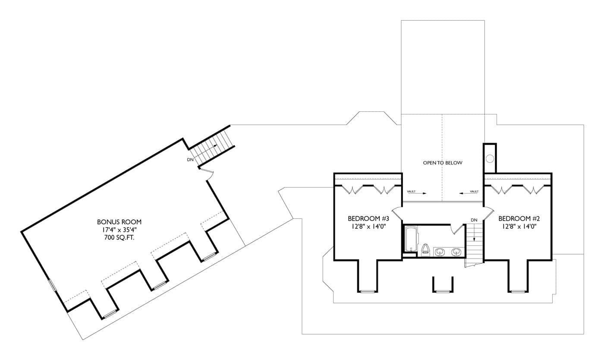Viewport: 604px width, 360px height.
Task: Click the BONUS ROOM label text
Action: click(x=119, y=222)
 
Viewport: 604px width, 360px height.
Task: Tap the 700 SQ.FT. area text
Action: click(x=119, y=237)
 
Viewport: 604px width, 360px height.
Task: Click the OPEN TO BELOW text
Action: click(x=442, y=163)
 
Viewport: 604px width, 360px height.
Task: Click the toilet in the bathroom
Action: click(x=426, y=249)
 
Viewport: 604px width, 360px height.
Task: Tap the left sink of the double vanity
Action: click(x=439, y=252)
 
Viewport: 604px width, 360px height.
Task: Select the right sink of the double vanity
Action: click(x=456, y=252)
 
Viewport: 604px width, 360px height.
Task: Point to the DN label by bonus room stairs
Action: click(x=190, y=160)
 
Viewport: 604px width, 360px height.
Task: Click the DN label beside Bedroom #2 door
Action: click(x=474, y=220)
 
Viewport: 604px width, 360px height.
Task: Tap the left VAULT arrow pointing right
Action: click(x=418, y=193)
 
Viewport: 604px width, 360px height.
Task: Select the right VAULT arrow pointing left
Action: click(x=467, y=193)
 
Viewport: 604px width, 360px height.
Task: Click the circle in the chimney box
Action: click(x=490, y=159)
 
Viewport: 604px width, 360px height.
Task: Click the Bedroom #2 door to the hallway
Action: click(x=488, y=212)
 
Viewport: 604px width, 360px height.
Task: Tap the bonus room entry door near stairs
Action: click(x=208, y=174)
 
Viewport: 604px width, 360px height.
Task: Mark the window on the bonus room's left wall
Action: click(x=53, y=285)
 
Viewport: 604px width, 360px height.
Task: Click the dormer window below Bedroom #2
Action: click(x=517, y=292)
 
